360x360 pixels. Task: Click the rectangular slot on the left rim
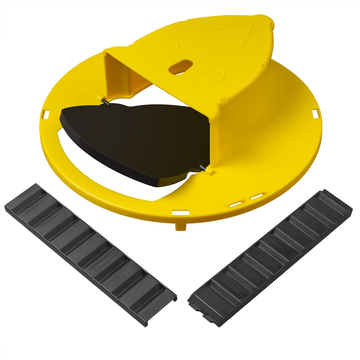point(47,114)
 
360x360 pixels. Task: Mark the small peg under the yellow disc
point(180,224)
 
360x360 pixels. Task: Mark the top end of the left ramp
point(18,193)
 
